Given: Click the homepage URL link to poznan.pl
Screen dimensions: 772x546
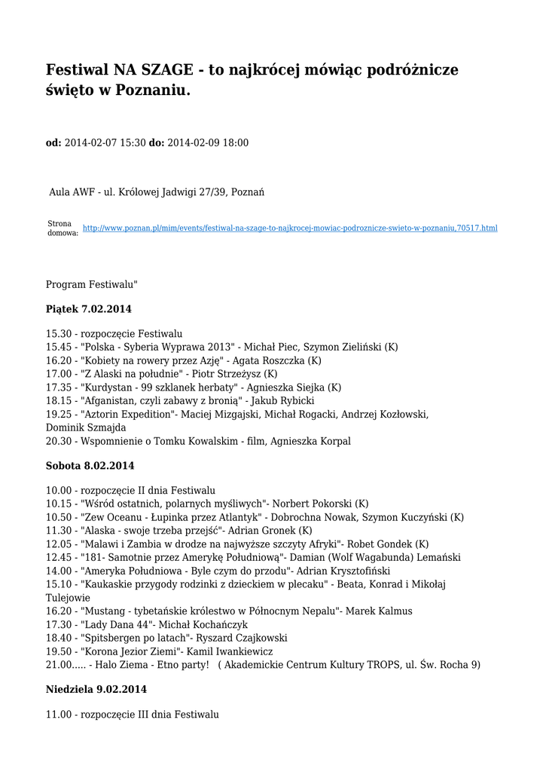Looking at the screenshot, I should (290, 228).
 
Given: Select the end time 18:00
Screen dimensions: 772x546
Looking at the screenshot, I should (235, 142).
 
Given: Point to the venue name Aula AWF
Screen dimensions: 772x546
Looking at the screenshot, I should (72, 192).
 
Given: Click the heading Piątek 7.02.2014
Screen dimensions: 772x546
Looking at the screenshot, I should (89, 309).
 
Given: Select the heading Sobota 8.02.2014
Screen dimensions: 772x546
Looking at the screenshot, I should (90, 466).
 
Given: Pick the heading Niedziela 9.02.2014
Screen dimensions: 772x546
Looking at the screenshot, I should (96, 689).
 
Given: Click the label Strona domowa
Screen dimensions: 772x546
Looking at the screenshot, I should (63, 228).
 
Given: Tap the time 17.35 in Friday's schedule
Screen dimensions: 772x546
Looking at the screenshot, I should (58, 388).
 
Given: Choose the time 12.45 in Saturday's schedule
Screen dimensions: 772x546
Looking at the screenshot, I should (58, 558).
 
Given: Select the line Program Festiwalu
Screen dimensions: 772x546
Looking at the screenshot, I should (92, 285).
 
